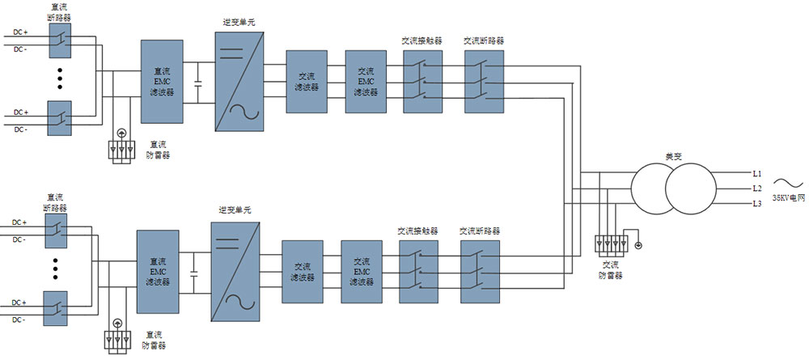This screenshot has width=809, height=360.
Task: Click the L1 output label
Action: tap(757, 174)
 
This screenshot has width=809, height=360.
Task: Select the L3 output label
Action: tap(757, 203)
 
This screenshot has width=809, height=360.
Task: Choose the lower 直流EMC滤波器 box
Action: tap(158, 272)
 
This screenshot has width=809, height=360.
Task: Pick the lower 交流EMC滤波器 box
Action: tap(361, 271)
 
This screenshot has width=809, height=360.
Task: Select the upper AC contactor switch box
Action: tap(421, 81)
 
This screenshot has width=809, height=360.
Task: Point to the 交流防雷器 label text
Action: tap(611, 270)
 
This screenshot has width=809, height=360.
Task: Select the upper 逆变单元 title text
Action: tap(239, 21)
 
